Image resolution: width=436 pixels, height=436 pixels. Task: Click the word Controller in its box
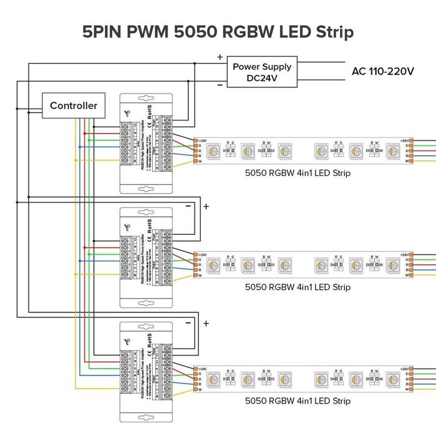coord(74,105)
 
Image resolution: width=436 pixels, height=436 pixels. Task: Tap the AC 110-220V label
coord(382,71)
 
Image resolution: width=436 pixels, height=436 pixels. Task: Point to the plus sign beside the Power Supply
coord(220,57)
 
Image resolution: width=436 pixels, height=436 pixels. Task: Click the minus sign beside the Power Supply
coord(220,85)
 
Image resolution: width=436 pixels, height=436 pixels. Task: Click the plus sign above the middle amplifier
coord(206,206)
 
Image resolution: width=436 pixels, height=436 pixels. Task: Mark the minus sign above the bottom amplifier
coord(188,322)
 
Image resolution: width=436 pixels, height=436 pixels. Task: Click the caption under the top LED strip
coord(289,173)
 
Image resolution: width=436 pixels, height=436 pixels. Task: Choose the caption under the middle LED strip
coord(289,287)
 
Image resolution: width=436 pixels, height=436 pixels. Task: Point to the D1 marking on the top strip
coord(225,150)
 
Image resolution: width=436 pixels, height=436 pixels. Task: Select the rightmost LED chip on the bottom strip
coord(392,379)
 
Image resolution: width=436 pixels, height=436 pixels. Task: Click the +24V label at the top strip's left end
coord(203,141)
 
